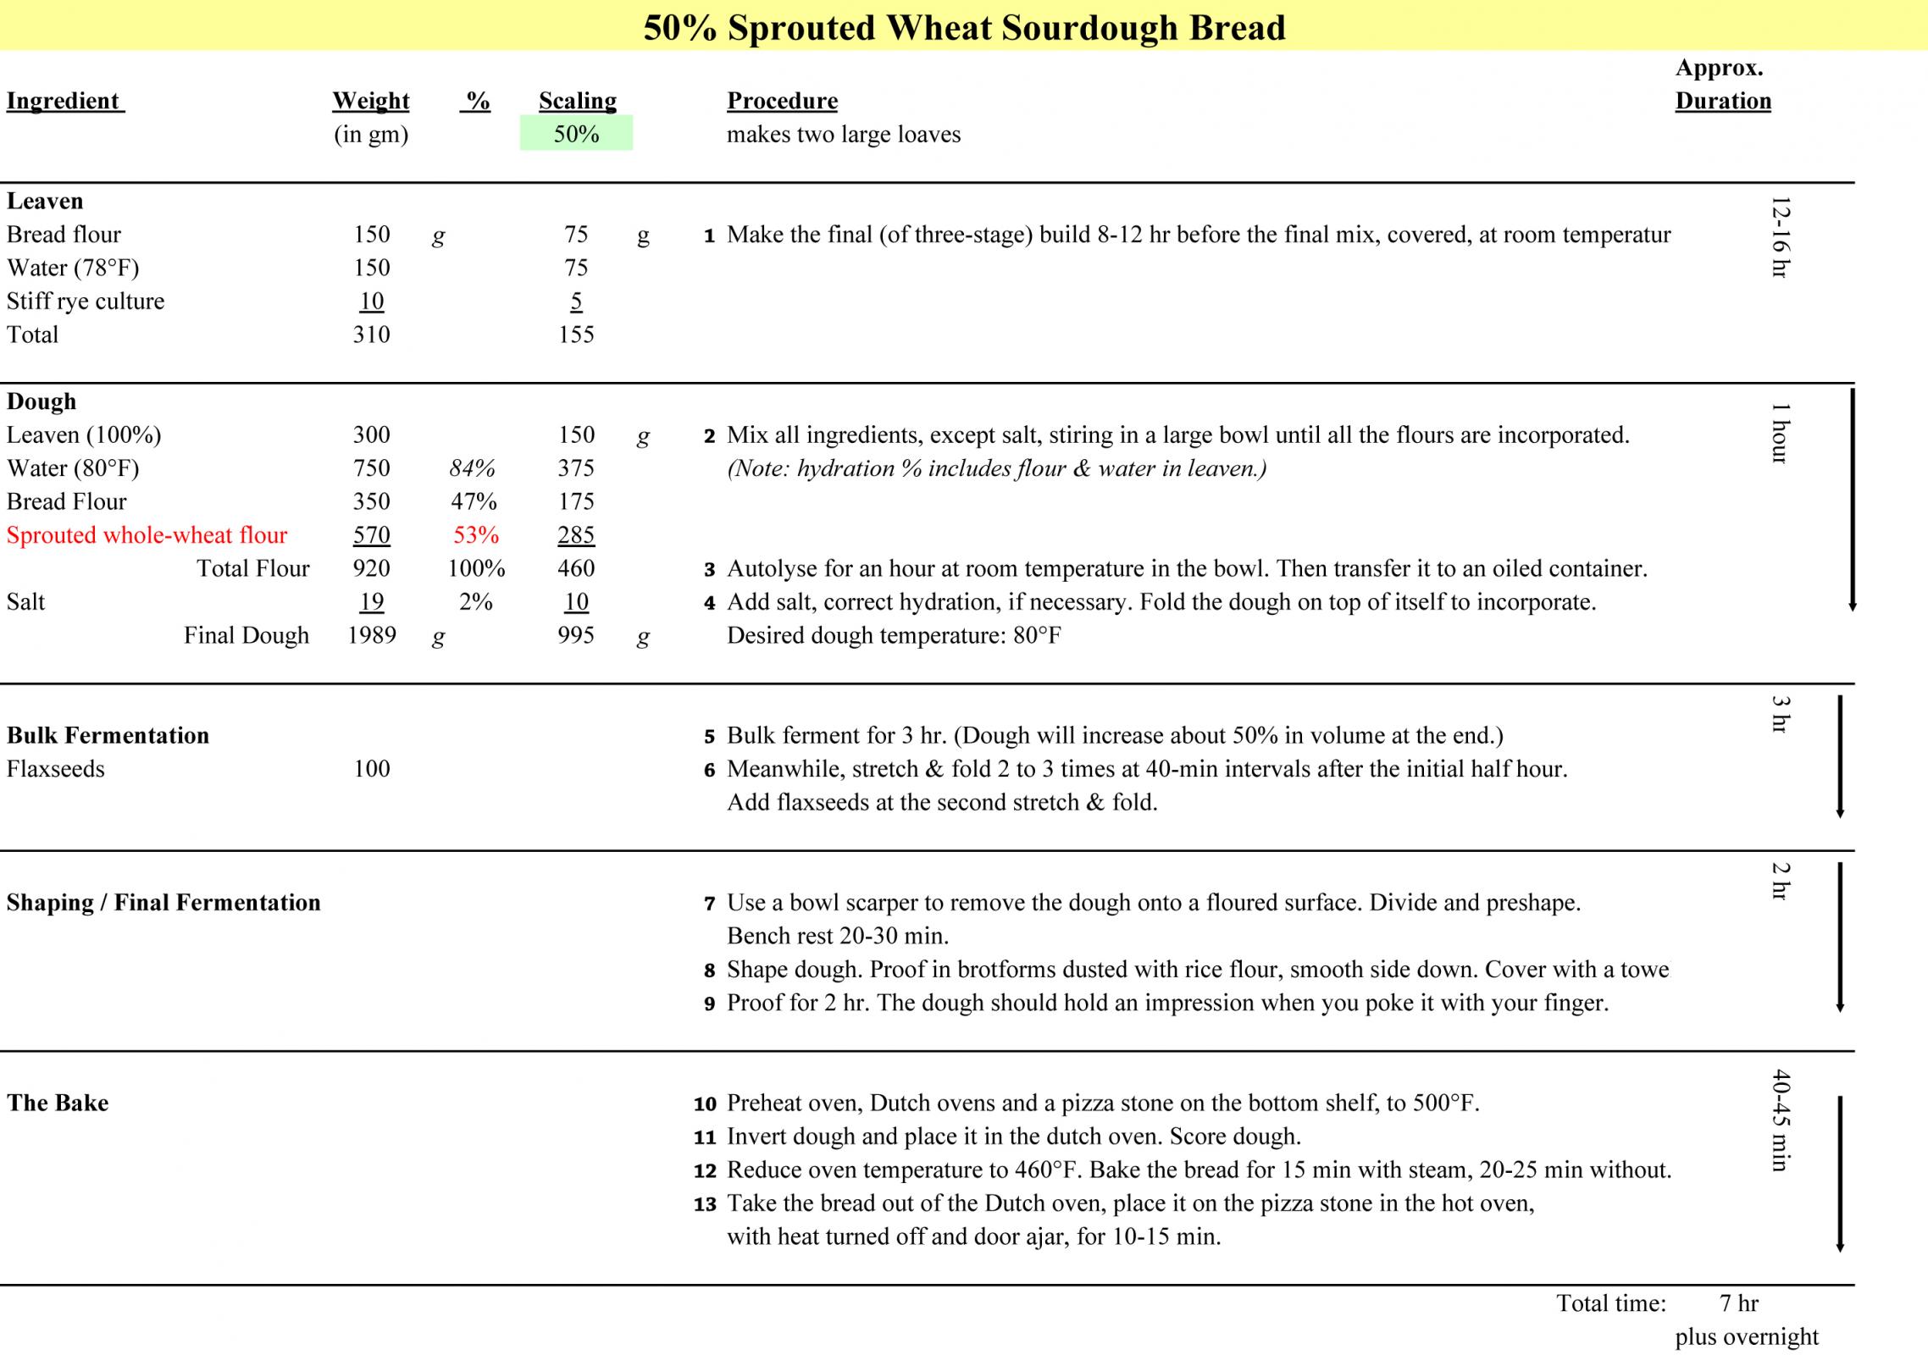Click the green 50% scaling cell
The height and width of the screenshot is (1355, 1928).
pos(576,134)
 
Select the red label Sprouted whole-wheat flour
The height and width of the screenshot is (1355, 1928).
pos(147,535)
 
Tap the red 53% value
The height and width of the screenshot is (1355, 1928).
pos(475,535)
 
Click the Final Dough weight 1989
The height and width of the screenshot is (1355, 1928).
pos(371,635)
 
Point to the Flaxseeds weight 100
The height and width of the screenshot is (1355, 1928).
pos(371,769)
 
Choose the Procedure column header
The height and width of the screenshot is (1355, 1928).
pos(782,101)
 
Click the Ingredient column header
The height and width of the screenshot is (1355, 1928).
pos(64,101)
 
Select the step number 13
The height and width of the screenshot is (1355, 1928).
pos(705,1204)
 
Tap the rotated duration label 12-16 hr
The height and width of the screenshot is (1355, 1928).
pos(1780,237)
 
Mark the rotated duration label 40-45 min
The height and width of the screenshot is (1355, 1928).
pos(1780,1121)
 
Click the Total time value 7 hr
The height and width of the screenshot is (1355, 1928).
pos(1738,1303)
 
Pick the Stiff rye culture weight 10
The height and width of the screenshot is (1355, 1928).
pos(371,301)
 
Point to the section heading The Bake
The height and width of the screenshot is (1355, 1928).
pos(58,1103)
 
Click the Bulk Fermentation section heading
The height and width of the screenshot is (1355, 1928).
pos(108,735)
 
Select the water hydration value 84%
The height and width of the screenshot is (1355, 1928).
pos(472,468)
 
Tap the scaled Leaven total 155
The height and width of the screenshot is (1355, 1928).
pos(576,335)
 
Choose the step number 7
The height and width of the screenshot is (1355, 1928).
pos(709,904)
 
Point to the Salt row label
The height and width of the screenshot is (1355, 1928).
pos(26,602)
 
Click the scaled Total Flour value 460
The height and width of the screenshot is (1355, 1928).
pos(576,568)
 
